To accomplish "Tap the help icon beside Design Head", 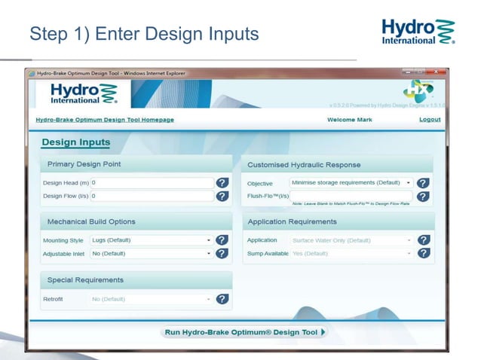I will click(x=222, y=183).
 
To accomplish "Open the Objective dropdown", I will click(x=351, y=183).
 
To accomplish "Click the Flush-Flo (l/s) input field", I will click(x=351, y=196).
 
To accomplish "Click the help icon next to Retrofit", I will click(x=222, y=299).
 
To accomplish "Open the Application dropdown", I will click(x=351, y=240).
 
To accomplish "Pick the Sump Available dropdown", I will click(x=351, y=254).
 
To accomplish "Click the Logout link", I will click(x=430, y=120).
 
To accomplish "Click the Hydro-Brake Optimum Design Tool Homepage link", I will click(x=105, y=120).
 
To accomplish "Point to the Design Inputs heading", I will click(x=75, y=142).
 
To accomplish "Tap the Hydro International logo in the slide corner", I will click(x=418, y=32).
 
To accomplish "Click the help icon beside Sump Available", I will click(x=424, y=254).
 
